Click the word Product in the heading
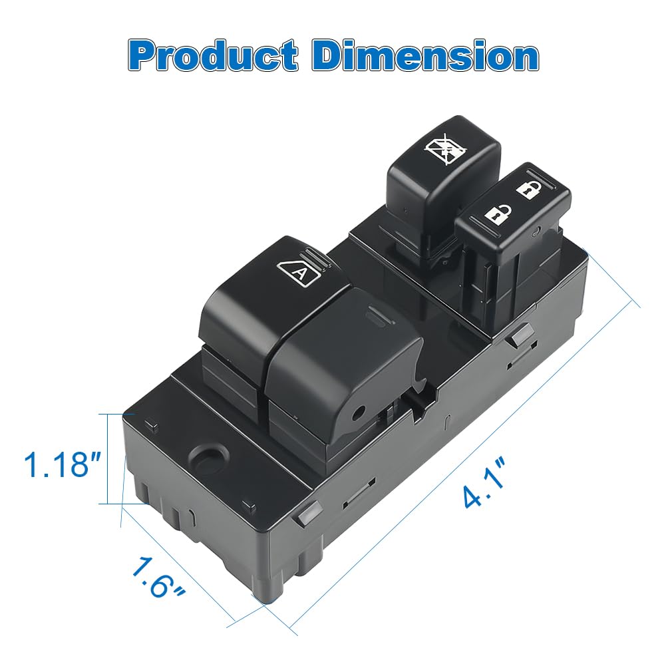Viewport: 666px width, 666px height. pyautogui.click(x=213, y=56)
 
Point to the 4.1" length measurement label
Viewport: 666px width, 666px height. pyautogui.click(x=484, y=482)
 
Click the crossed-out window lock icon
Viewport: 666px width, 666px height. pyautogui.click(x=444, y=148)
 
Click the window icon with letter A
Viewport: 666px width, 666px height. pyautogui.click(x=299, y=273)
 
